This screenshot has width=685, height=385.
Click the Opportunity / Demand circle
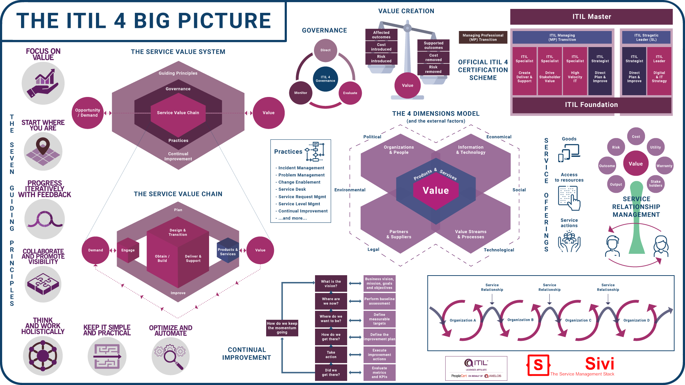click(x=87, y=113)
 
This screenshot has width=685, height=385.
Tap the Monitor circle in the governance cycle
click(x=301, y=93)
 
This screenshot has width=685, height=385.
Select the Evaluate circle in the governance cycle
click(x=350, y=93)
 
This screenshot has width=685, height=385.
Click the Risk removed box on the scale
click(x=433, y=70)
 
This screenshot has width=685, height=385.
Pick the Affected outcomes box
click(x=381, y=35)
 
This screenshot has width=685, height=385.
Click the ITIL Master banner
click(x=591, y=17)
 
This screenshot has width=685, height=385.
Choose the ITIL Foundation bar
click(x=591, y=105)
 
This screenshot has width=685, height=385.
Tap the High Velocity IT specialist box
click(x=575, y=71)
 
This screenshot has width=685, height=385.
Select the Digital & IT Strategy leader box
click(x=659, y=71)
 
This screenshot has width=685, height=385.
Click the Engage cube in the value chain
click(x=128, y=250)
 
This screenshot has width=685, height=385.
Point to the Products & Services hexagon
click(x=228, y=252)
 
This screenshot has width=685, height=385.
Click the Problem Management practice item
click(x=301, y=175)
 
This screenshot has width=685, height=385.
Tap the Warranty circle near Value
click(x=664, y=166)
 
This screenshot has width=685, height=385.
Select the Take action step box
click(x=331, y=355)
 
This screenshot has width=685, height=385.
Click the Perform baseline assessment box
click(x=379, y=301)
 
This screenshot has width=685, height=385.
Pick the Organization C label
click(x=578, y=320)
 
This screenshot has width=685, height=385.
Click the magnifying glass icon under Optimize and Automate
click(x=171, y=356)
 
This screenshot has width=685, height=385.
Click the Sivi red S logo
click(x=538, y=365)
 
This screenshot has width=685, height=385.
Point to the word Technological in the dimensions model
click(x=499, y=250)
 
